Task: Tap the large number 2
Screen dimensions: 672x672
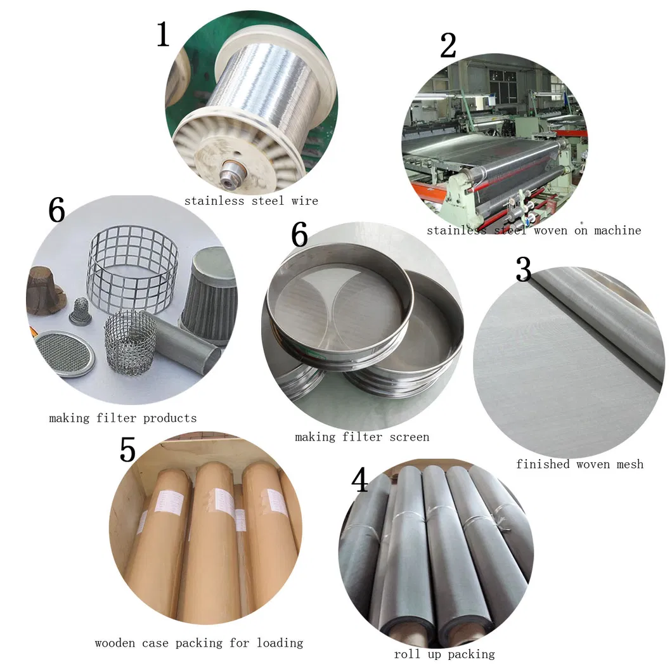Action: pyautogui.click(x=448, y=46)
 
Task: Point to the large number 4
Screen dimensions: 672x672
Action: pyautogui.click(x=359, y=480)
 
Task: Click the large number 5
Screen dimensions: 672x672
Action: pyautogui.click(x=127, y=449)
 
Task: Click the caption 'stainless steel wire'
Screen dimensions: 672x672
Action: pyautogui.click(x=251, y=201)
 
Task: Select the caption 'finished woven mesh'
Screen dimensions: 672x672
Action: pyautogui.click(x=579, y=464)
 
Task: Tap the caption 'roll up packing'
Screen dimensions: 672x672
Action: pyautogui.click(x=444, y=654)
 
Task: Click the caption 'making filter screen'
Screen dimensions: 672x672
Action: pyautogui.click(x=362, y=437)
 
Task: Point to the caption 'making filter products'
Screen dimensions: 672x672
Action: pyautogui.click(x=123, y=418)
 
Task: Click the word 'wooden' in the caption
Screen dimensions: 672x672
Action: pyautogui.click(x=115, y=643)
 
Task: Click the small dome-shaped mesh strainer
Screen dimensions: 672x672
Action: pyautogui.click(x=80, y=311)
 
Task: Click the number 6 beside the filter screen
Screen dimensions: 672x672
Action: pyautogui.click(x=299, y=236)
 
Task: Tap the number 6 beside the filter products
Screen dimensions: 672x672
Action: pyautogui.click(x=56, y=210)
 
